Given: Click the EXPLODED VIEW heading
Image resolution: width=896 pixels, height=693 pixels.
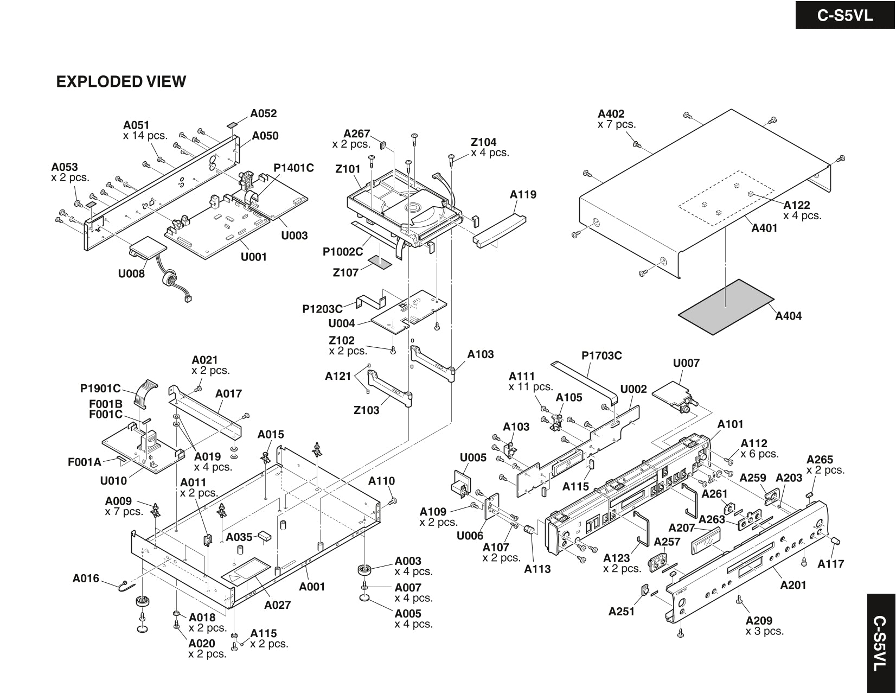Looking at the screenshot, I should pyautogui.click(x=121, y=82).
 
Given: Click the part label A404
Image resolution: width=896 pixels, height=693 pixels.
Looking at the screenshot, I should pyautogui.click(x=788, y=316).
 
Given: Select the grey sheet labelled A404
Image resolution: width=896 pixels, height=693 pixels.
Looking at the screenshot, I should pyautogui.click(x=726, y=307).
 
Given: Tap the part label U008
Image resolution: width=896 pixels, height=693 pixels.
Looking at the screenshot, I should pyautogui.click(x=131, y=274).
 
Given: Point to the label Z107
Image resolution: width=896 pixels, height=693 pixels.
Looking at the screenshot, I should pyautogui.click(x=345, y=272).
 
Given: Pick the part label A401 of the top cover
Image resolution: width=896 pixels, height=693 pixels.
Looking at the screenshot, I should pyautogui.click(x=764, y=228).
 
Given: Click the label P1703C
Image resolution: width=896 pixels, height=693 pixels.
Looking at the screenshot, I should pyautogui.click(x=601, y=355).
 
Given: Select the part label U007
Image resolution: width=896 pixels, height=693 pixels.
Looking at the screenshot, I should pyautogui.click(x=686, y=363).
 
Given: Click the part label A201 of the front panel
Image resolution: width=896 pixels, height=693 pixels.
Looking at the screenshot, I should pyautogui.click(x=793, y=585).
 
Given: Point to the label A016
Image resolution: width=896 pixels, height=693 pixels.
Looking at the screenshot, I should pyautogui.click(x=86, y=578).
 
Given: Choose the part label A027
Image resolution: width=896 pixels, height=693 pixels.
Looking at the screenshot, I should pyautogui.click(x=278, y=605).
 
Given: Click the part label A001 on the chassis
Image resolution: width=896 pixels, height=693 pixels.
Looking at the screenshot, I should pyautogui.click(x=312, y=586).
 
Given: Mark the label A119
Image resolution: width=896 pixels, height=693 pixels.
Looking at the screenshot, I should pyautogui.click(x=523, y=194).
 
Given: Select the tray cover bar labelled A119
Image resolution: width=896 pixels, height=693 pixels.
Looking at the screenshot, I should pyautogui.click(x=500, y=230).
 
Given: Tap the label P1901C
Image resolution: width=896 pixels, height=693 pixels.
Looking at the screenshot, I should pyautogui.click(x=100, y=389).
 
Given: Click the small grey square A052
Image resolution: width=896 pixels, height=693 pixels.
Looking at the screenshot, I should pyautogui.click(x=232, y=124).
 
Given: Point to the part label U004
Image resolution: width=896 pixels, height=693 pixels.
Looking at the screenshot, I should pyautogui.click(x=342, y=323).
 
